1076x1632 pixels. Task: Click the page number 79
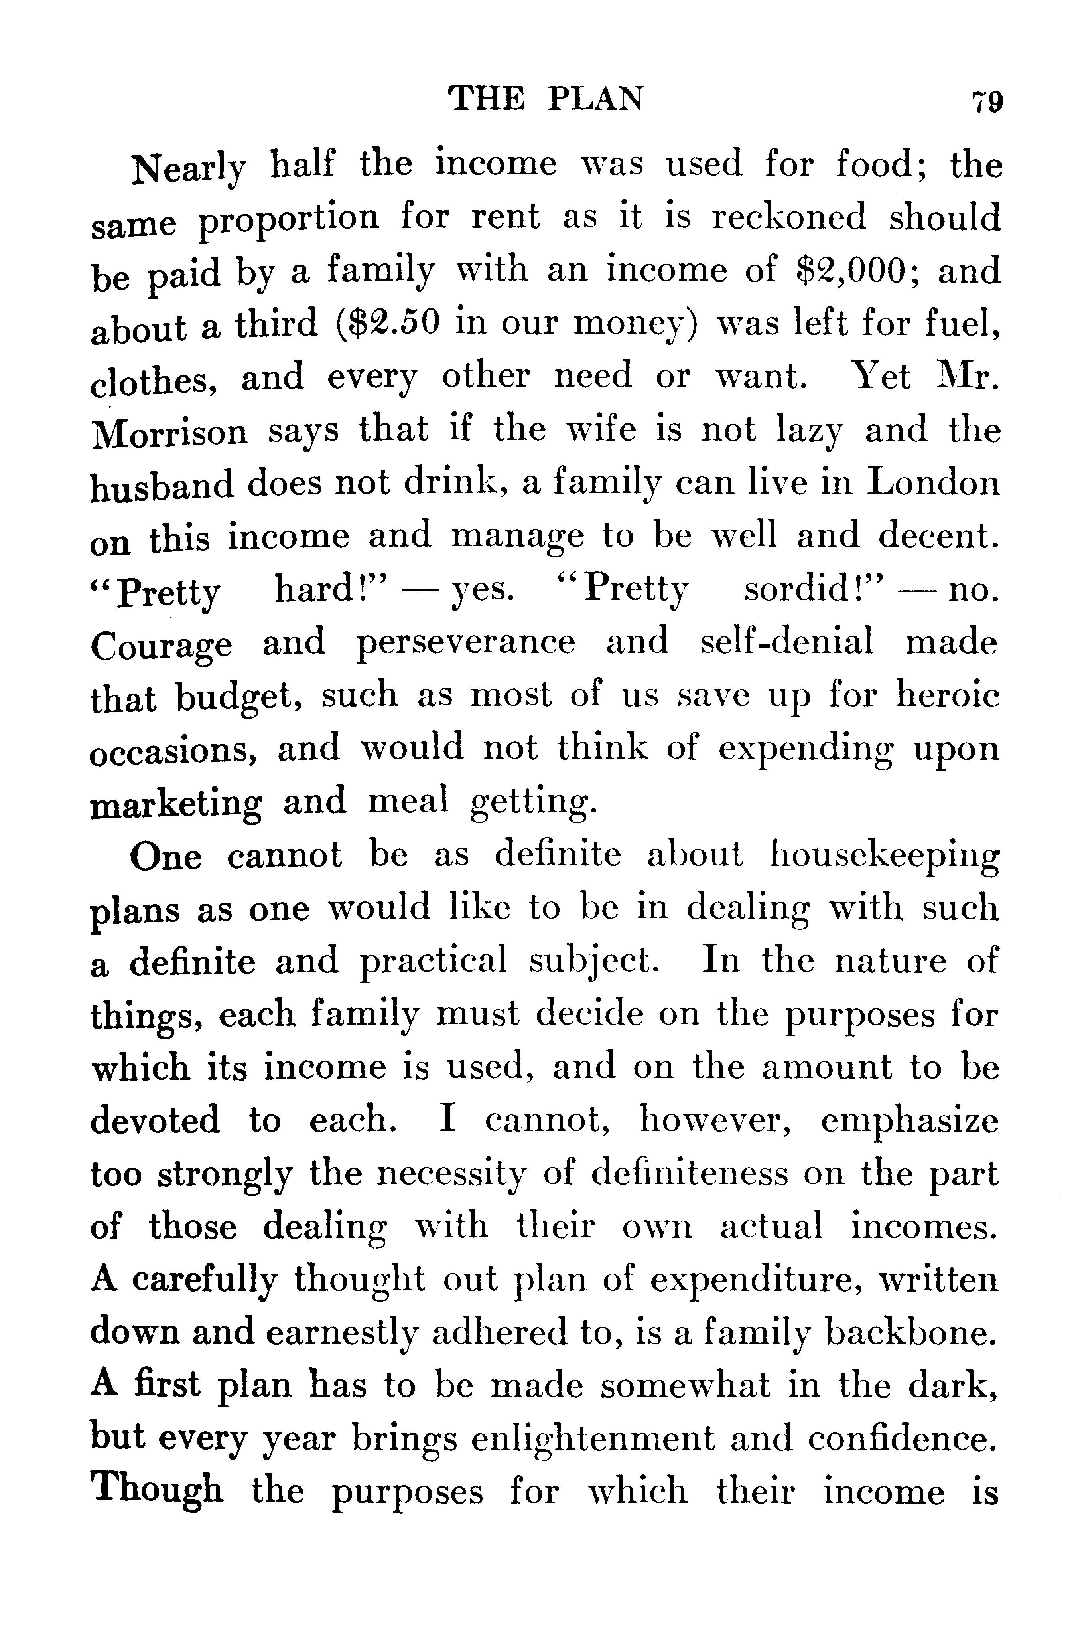click(987, 102)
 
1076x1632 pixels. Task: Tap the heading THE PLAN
click(546, 99)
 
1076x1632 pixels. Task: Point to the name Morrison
click(169, 433)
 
